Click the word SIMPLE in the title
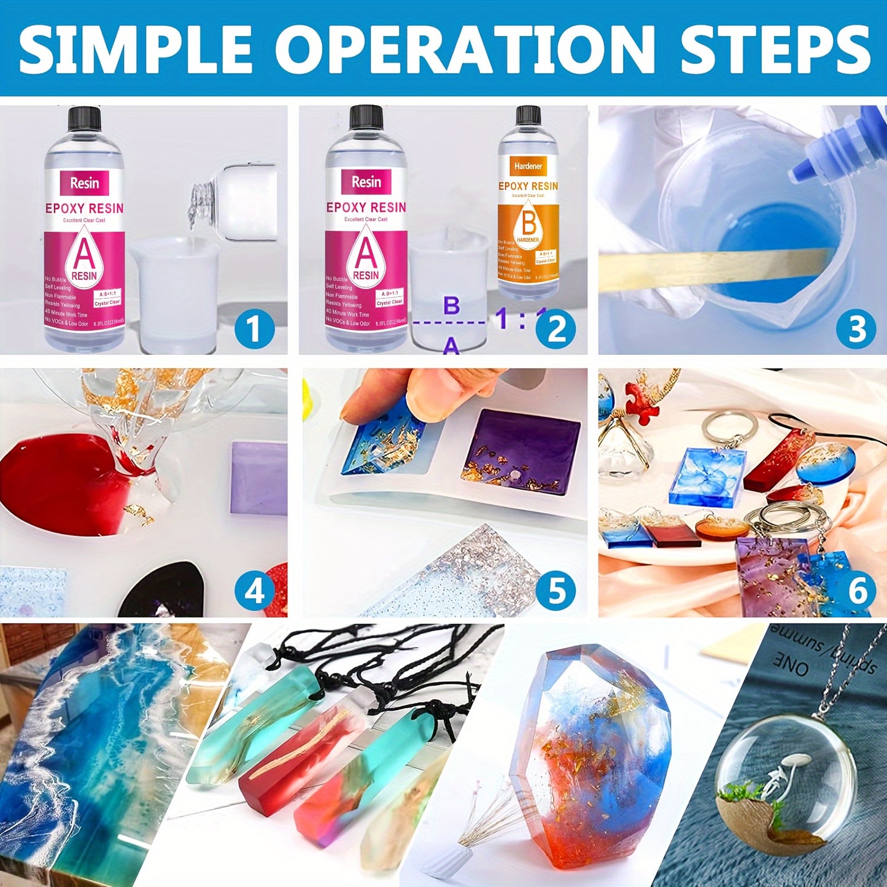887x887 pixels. tap(135, 49)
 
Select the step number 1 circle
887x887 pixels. tap(254, 329)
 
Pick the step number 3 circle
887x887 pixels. tap(856, 329)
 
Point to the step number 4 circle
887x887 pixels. tap(254, 591)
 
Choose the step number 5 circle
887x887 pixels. tap(556, 591)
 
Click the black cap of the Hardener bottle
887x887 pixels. tap(528, 115)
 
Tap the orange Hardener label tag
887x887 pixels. tap(528, 166)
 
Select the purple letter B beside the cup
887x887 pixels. tap(452, 305)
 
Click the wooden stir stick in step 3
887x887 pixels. tap(706, 267)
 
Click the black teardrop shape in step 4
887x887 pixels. tap(163, 592)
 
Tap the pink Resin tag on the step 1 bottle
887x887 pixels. tap(84, 183)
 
